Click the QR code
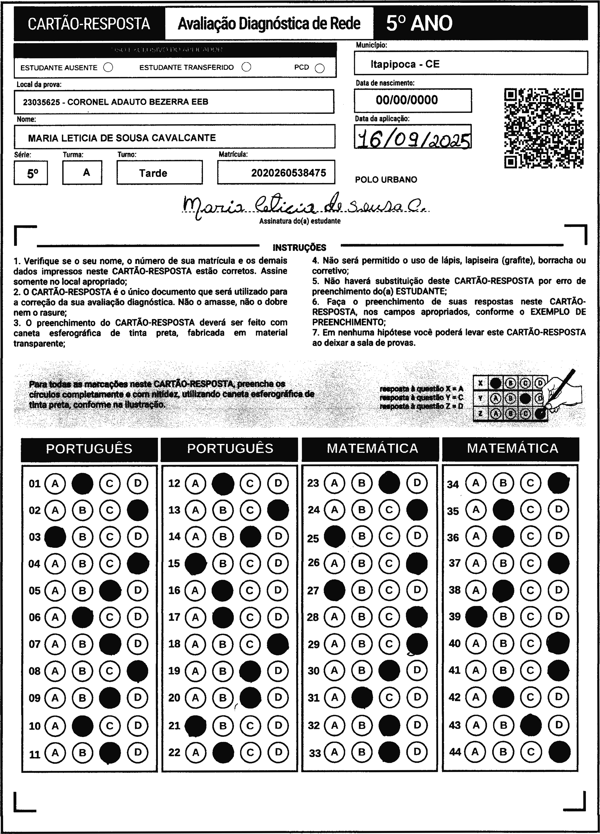click(544, 128)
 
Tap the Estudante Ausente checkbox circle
click(108, 67)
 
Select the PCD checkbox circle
click(320, 68)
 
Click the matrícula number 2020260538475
click(288, 173)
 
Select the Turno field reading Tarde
click(153, 173)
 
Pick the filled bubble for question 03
click(55, 537)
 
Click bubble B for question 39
click(503, 617)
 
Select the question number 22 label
click(174, 752)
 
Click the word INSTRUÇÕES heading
click(299, 247)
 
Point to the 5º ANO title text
click(419, 24)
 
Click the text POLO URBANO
click(386, 180)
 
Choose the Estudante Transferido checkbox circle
click(246, 67)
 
